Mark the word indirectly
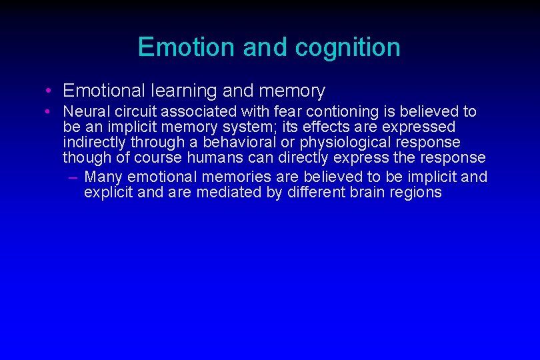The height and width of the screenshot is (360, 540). [x=96, y=142]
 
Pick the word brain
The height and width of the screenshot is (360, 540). [x=367, y=193]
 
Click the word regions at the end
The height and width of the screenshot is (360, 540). [x=417, y=193]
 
